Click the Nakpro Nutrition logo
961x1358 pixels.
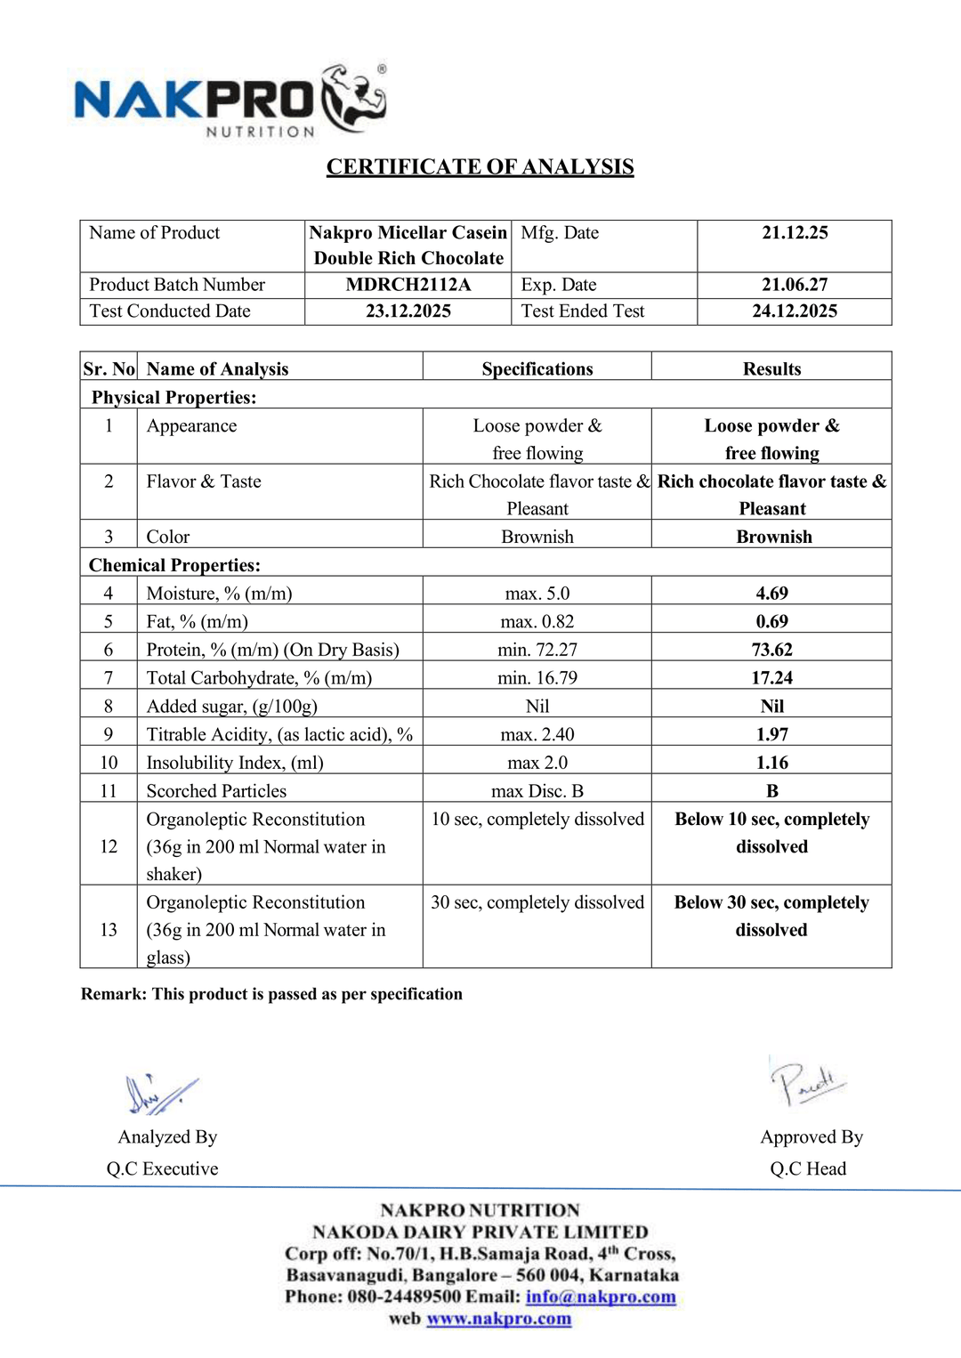pos(230,101)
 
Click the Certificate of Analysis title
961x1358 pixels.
pos(480,166)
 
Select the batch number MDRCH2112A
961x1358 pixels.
pos(408,285)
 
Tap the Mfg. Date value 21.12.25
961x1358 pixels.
pos(795,233)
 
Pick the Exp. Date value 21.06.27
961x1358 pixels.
pos(795,285)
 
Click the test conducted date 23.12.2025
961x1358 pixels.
pos(408,311)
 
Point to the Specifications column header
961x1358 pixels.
pos(537,369)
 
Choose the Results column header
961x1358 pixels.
pos(771,369)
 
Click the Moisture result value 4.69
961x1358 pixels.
pos(771,594)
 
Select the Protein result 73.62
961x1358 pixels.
pos(771,650)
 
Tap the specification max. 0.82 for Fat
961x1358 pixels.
pos(537,622)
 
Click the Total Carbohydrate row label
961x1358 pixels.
pos(259,678)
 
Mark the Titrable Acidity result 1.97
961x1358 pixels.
pos(771,735)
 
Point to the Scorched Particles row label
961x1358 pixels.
pos(216,791)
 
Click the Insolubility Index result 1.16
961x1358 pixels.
pos(771,763)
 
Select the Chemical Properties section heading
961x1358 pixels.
pos(174,565)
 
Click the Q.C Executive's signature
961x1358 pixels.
pos(160,1095)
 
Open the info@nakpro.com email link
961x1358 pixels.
pos(601,1297)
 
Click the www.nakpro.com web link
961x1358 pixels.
pos(498,1319)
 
